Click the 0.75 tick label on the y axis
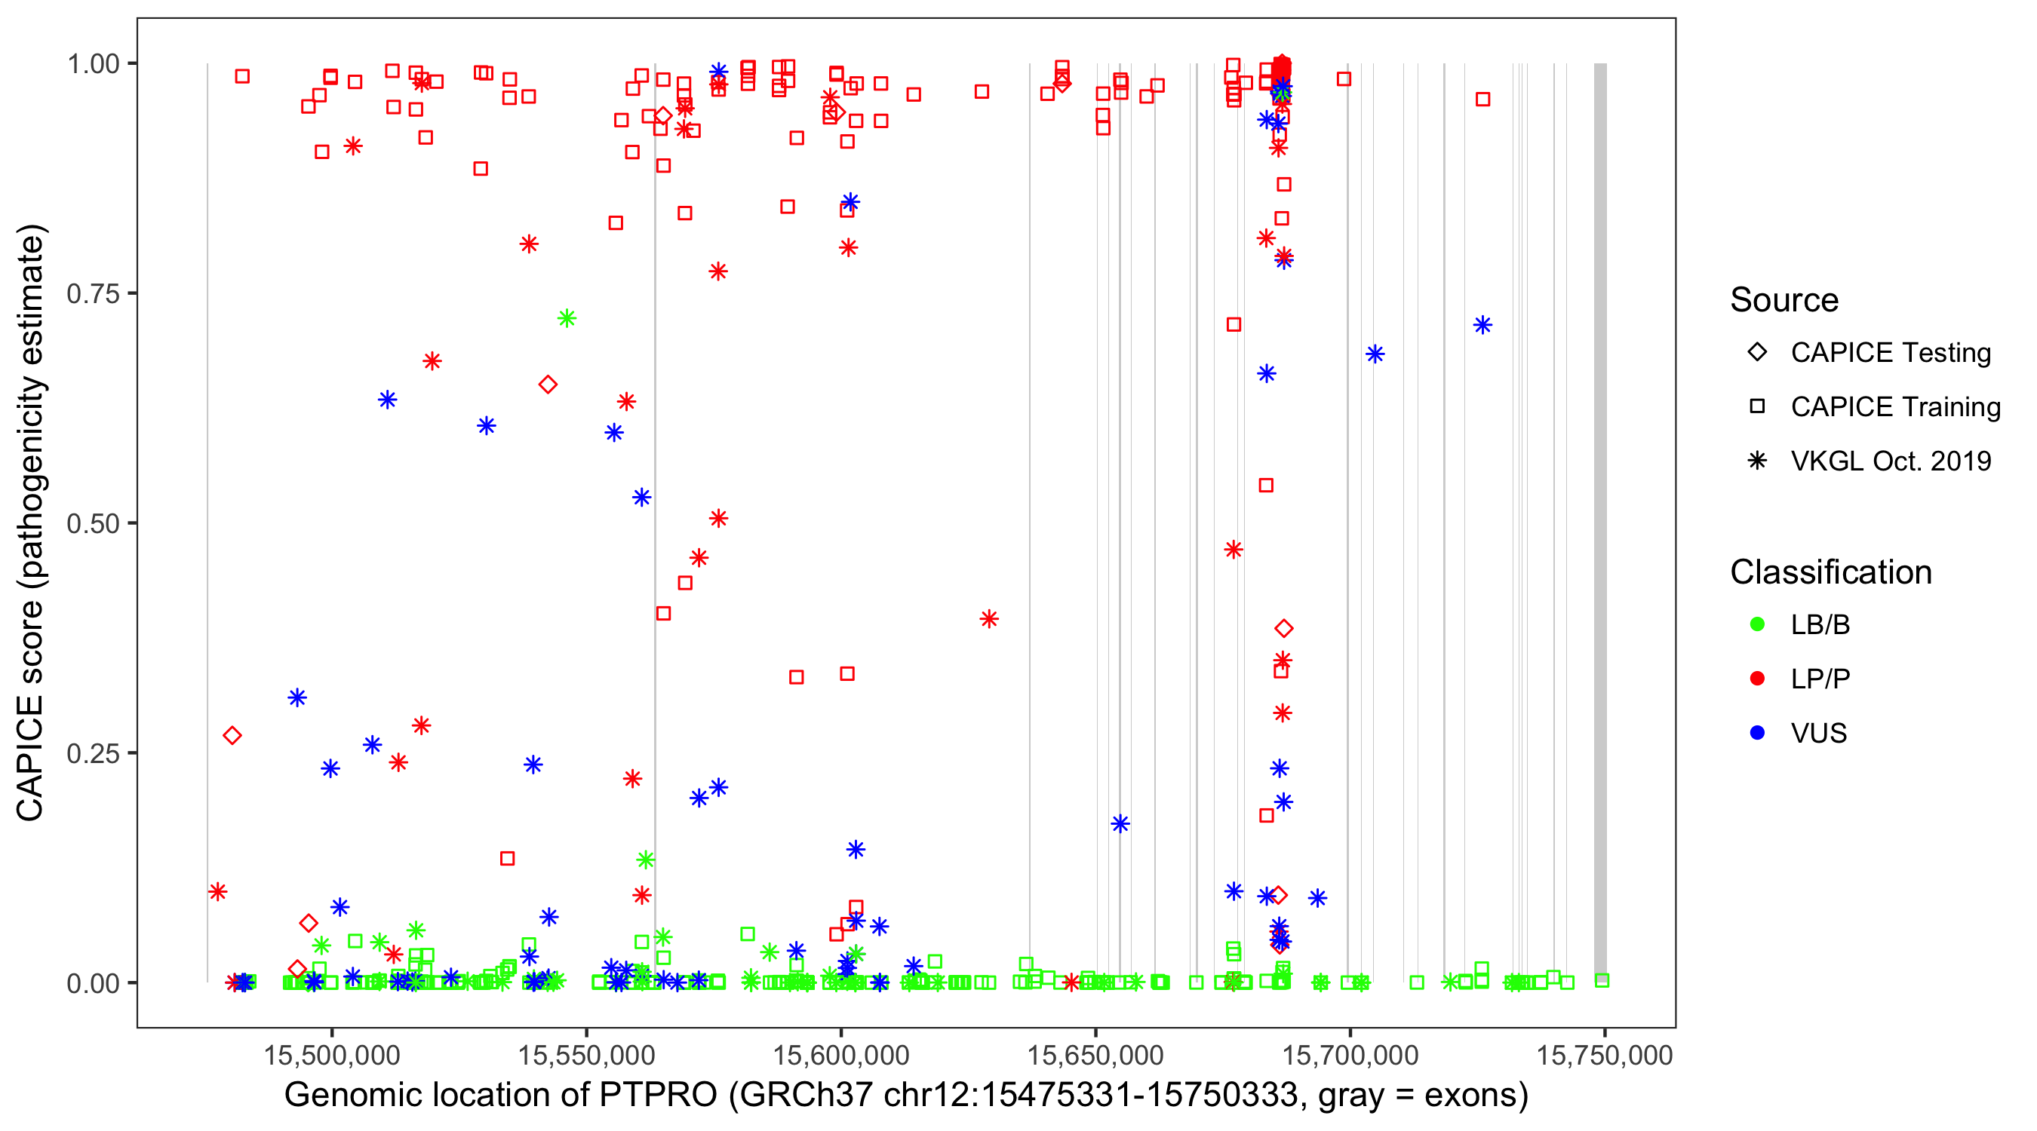pyautogui.click(x=92, y=294)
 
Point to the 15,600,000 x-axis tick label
pyautogui.click(x=840, y=1055)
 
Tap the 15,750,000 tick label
pyautogui.click(x=1604, y=1055)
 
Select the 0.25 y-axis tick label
pyautogui.click(x=92, y=753)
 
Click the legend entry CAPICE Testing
pyautogui.click(x=1890, y=353)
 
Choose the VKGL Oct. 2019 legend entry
pyautogui.click(x=1890, y=461)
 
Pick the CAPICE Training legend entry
pyautogui.click(x=1894, y=407)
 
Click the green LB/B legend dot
pyautogui.click(x=1757, y=624)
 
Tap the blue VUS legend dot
pyautogui.click(x=1757, y=733)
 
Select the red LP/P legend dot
pyautogui.click(x=1757, y=679)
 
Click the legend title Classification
pyautogui.click(x=1830, y=572)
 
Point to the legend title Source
pyautogui.click(x=1784, y=300)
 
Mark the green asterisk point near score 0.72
pyautogui.click(x=566, y=318)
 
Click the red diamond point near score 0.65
pyautogui.click(x=547, y=385)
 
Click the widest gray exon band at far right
pyautogui.click(x=1599, y=522)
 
